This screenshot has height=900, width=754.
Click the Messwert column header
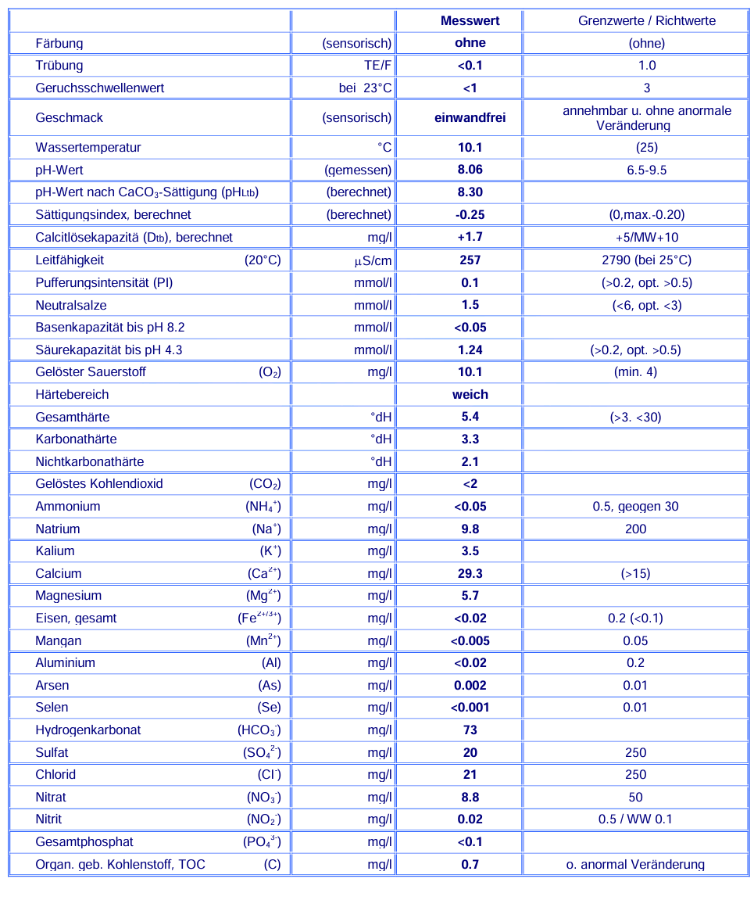tap(470, 21)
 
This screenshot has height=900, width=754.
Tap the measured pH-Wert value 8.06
tap(470, 170)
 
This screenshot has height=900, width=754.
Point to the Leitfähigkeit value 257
tap(470, 260)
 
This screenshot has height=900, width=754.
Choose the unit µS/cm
tap(373, 260)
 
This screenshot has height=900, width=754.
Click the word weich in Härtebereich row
tap(470, 395)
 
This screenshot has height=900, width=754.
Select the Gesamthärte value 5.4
tap(470, 417)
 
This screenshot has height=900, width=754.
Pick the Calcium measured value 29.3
tap(470, 574)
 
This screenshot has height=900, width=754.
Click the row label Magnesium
tap(69, 596)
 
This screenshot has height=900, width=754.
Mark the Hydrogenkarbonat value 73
tap(470, 730)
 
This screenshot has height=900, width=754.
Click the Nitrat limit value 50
tap(635, 798)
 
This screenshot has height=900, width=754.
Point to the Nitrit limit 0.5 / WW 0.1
tap(635, 819)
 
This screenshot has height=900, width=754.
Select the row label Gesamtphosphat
tap(84, 842)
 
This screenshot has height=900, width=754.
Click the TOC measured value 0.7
tap(470, 865)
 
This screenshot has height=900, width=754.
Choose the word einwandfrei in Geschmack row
tap(470, 118)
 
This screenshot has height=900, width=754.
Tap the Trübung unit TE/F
tap(377, 66)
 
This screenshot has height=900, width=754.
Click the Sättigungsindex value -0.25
tap(470, 215)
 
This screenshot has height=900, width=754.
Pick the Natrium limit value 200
tap(635, 529)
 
